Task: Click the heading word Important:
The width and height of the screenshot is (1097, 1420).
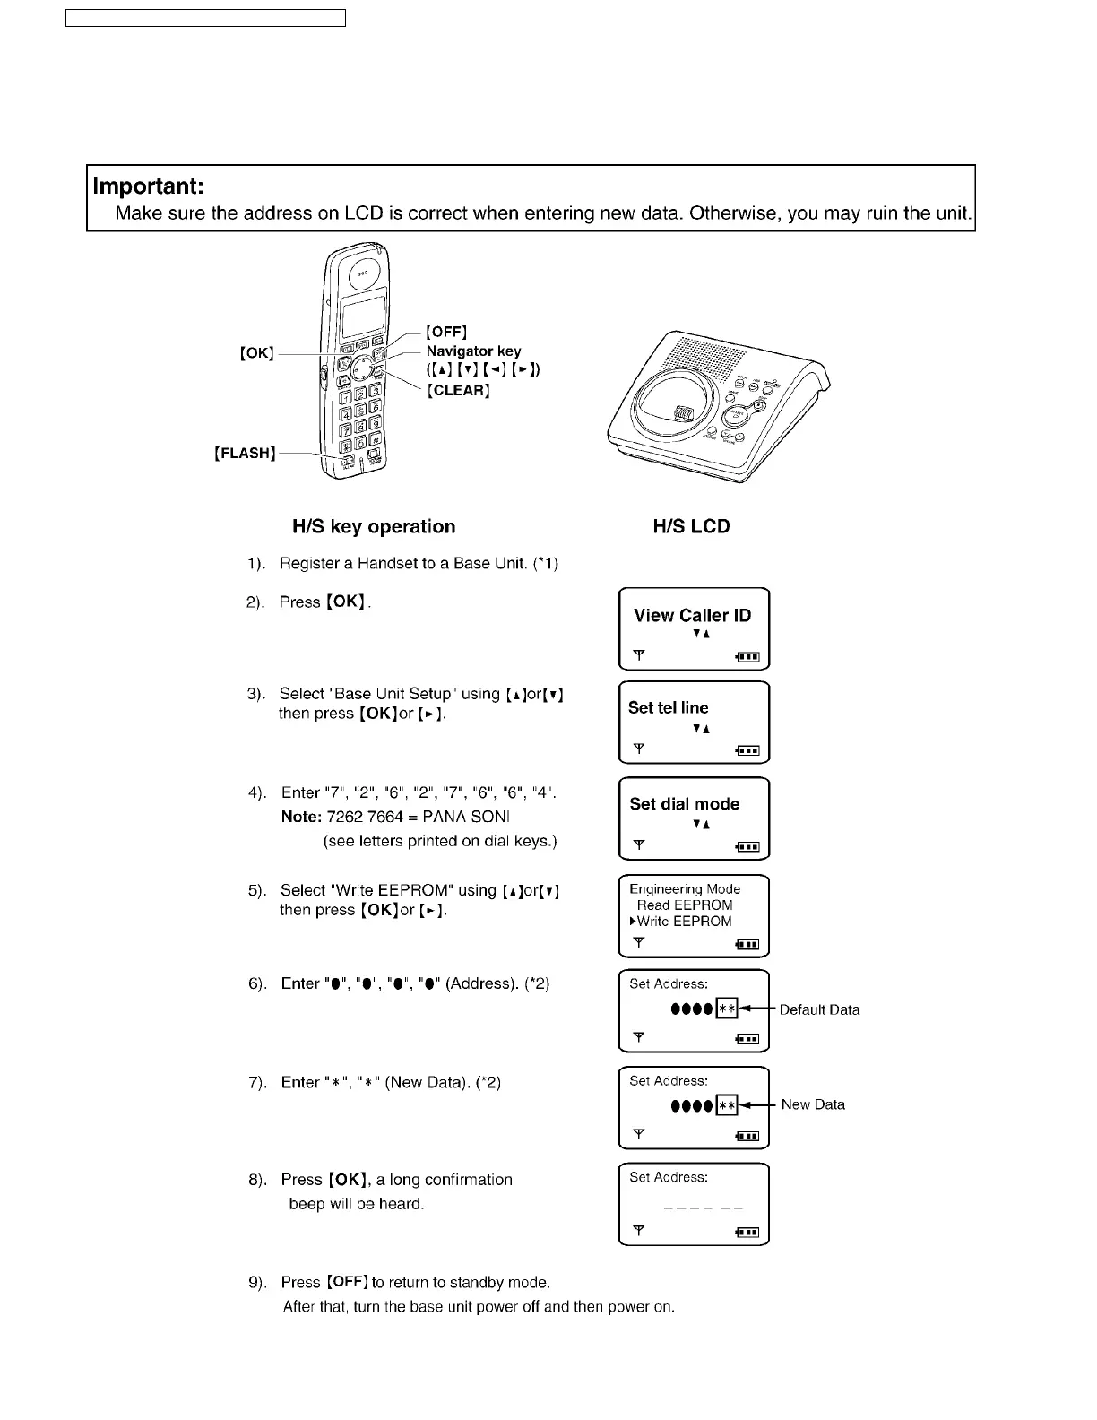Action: (x=149, y=186)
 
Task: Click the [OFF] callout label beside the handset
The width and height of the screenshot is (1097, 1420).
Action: (x=446, y=333)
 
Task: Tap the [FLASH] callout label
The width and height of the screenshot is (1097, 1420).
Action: (x=245, y=454)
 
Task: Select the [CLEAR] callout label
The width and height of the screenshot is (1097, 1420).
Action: (x=458, y=391)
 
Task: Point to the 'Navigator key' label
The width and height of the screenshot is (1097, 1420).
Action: (x=473, y=351)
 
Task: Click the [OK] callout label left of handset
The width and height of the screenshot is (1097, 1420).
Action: (x=256, y=353)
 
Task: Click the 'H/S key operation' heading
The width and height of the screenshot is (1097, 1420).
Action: (x=374, y=527)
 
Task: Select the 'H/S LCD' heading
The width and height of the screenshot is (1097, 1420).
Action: (x=691, y=527)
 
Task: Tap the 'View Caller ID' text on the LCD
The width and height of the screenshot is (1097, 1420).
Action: (x=692, y=615)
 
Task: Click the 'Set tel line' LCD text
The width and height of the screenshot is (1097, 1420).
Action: (x=669, y=707)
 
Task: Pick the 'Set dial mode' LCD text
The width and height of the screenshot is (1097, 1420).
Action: (x=685, y=804)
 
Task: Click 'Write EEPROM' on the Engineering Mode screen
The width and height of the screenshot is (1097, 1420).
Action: (x=684, y=922)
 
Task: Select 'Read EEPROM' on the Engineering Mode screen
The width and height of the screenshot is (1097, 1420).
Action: (x=685, y=905)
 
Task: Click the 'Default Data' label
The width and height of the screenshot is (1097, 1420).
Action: (x=819, y=1009)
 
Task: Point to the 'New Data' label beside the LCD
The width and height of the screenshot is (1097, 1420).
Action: (x=813, y=1104)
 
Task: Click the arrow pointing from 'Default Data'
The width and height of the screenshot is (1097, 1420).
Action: (x=757, y=1009)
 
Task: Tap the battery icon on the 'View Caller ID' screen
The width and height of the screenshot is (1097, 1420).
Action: (x=748, y=657)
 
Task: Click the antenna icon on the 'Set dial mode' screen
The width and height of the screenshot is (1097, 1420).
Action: (x=638, y=844)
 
